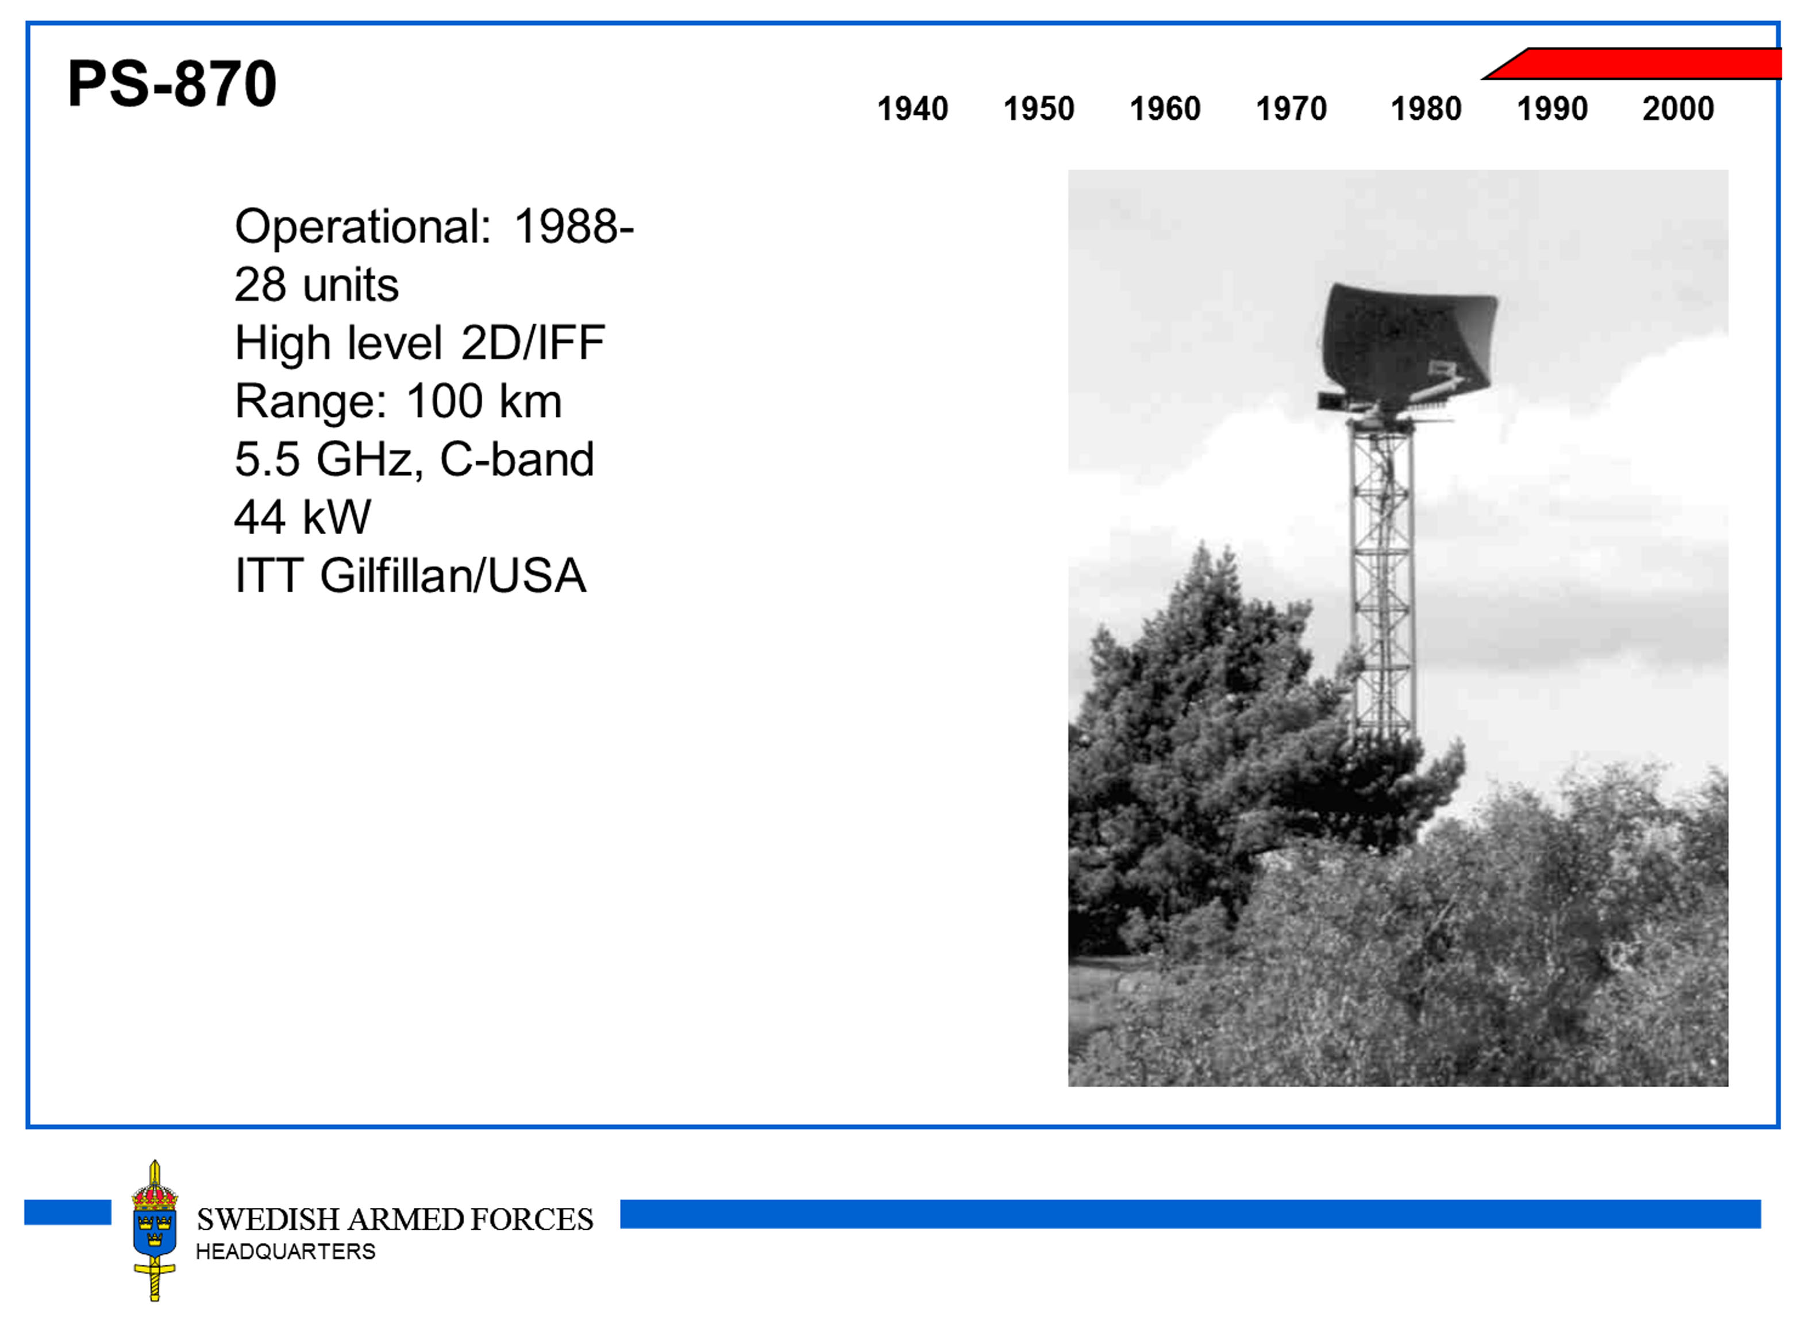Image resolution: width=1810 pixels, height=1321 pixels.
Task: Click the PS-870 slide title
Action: click(x=172, y=83)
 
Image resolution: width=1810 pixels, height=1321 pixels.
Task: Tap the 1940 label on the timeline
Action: click(x=912, y=109)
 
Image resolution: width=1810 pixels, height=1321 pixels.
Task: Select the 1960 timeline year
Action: click(x=1165, y=109)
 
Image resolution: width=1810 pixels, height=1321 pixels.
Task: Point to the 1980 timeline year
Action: click(x=1426, y=109)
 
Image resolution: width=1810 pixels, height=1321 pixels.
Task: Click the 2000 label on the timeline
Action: click(x=1678, y=109)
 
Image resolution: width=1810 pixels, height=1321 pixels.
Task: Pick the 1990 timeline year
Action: click(x=1553, y=109)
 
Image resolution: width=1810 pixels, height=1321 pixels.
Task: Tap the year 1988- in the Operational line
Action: click(x=574, y=226)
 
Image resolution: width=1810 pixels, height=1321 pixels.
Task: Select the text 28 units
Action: click(x=317, y=285)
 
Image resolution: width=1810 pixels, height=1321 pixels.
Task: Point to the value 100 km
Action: click(x=484, y=401)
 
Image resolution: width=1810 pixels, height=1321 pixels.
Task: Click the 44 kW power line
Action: click(x=302, y=517)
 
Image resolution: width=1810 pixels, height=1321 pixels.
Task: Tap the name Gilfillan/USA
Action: click(x=453, y=575)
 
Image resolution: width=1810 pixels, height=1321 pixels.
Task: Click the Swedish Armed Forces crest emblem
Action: click(x=155, y=1230)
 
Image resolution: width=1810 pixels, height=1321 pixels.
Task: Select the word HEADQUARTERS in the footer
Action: click(x=286, y=1252)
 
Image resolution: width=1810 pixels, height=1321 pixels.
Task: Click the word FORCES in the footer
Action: click(x=532, y=1219)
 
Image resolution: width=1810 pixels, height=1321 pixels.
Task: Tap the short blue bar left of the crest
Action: click(x=68, y=1212)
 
